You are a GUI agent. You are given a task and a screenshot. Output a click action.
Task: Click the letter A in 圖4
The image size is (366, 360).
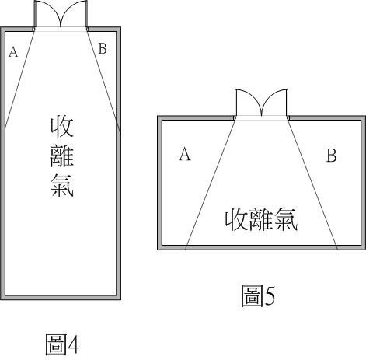pyautogui.click(x=13, y=52)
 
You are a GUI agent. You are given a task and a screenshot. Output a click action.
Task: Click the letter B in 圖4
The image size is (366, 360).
pyautogui.click(x=103, y=48)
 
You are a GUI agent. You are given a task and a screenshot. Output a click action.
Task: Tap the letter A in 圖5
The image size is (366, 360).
pyautogui.click(x=185, y=154)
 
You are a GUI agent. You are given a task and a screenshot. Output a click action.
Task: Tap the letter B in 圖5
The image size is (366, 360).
pyautogui.click(x=331, y=156)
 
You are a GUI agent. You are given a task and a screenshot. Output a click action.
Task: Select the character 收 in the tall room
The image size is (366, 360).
pyautogui.click(x=62, y=127)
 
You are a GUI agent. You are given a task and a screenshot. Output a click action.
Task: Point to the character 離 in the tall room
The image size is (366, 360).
pyautogui.click(x=62, y=156)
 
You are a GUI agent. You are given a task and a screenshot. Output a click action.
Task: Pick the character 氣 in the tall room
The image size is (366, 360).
pyautogui.click(x=62, y=185)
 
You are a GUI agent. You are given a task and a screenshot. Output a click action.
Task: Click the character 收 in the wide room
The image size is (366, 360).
pyautogui.click(x=236, y=220)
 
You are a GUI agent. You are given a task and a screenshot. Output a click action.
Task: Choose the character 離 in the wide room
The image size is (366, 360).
pyautogui.click(x=260, y=220)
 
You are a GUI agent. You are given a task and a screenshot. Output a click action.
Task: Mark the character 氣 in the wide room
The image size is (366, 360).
pyautogui.click(x=285, y=220)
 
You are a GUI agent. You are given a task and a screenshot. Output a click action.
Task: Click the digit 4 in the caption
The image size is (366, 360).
pyautogui.click(x=73, y=344)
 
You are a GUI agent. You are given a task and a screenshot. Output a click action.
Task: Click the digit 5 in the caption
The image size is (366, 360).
pyautogui.click(x=270, y=295)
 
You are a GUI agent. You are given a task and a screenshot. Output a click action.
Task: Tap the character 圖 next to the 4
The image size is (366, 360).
pyautogui.click(x=55, y=344)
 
